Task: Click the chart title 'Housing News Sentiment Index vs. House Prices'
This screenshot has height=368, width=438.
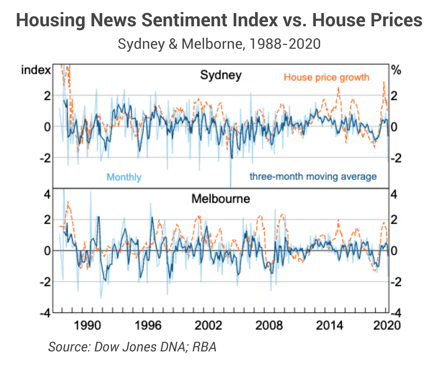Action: pyautogui.click(x=219, y=20)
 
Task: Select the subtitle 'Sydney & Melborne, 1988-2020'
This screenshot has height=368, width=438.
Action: pyautogui.click(x=219, y=44)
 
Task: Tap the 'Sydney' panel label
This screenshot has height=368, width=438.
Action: pyautogui.click(x=221, y=75)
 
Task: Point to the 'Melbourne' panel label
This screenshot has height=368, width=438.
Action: pyautogui.click(x=221, y=199)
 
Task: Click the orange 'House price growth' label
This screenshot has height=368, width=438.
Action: pyautogui.click(x=326, y=77)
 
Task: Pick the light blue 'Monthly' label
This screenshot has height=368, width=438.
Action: pyautogui.click(x=124, y=177)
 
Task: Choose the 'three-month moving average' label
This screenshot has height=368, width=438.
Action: pyautogui.click(x=313, y=176)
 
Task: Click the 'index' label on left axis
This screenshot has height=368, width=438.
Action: pyautogui.click(x=36, y=70)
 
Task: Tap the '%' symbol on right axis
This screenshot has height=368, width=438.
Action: pyautogui.click(x=396, y=70)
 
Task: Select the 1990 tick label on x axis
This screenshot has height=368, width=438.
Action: pyautogui.click(x=88, y=325)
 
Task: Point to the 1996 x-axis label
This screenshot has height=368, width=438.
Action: pyautogui.click(x=147, y=325)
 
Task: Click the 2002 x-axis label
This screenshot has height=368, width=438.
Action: pyautogui.click(x=208, y=325)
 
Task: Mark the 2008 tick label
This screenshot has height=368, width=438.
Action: pyautogui.click(x=269, y=325)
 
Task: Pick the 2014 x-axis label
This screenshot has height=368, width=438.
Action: pyautogui.click(x=329, y=325)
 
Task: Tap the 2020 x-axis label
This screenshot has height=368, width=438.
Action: pyautogui.click(x=387, y=325)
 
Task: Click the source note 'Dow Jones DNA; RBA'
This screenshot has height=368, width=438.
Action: pyautogui.click(x=132, y=347)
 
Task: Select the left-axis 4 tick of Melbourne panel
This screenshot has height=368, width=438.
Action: pyautogui.click(x=47, y=194)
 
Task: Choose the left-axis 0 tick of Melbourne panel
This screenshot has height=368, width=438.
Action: pyautogui.click(x=47, y=251)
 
